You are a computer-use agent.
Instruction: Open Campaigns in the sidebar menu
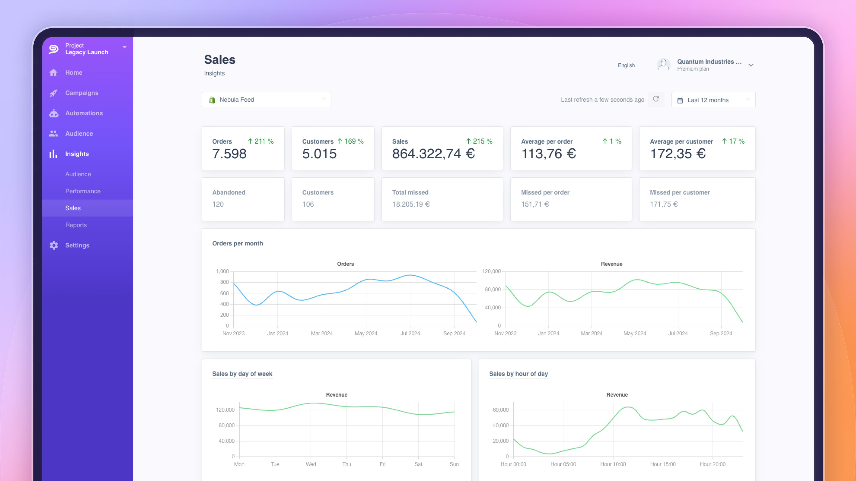click(x=81, y=93)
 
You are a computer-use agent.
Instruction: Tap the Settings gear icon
click(x=54, y=245)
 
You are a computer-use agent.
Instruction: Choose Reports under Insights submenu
click(x=76, y=225)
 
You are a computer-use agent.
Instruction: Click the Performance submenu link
click(x=82, y=191)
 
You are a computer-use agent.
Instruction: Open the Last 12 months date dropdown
click(x=713, y=100)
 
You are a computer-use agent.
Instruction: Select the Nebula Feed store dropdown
click(x=266, y=100)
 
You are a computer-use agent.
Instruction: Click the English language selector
click(x=626, y=65)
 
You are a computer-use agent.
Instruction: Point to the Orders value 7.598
click(x=229, y=154)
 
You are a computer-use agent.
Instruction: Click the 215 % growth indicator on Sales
click(x=479, y=141)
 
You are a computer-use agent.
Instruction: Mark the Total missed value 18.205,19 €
click(x=411, y=204)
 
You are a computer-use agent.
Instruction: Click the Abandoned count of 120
click(x=218, y=204)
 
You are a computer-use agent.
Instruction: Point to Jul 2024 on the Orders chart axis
click(x=410, y=333)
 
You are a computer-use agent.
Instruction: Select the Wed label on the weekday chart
click(x=311, y=464)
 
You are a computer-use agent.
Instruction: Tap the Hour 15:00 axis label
click(x=663, y=464)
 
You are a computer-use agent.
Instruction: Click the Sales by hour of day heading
click(x=518, y=374)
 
